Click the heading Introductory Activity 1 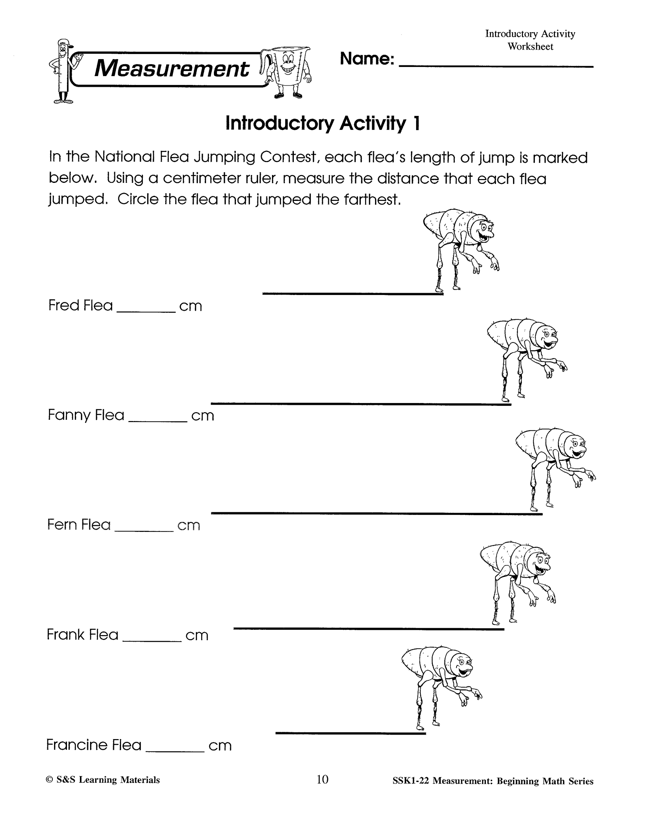323,123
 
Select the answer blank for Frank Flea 152,641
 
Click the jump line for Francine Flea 350,733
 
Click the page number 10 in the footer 322,780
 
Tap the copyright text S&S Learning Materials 103,780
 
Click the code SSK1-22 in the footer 410,781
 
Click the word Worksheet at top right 530,46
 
